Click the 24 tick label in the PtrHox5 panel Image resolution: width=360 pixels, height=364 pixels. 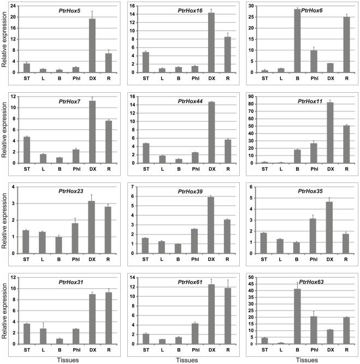click(15, 6)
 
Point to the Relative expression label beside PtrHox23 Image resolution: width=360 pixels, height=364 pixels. click(5, 220)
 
